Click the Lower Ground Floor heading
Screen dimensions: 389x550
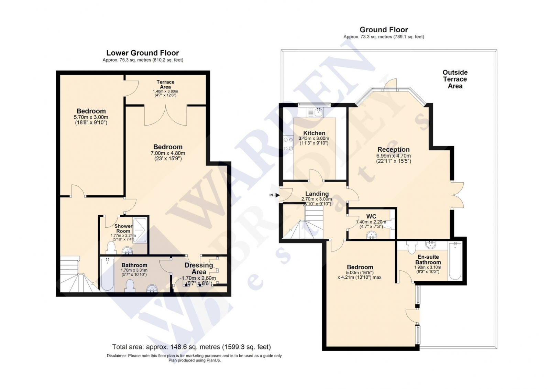click(x=142, y=53)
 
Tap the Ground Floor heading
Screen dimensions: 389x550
click(x=384, y=30)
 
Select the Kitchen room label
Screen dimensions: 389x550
click(x=314, y=133)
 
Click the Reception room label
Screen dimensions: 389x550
click(x=393, y=150)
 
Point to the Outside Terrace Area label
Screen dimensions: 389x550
click(x=455, y=79)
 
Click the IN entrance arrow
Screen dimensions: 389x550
click(x=277, y=195)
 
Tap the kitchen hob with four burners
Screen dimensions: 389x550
click(x=288, y=144)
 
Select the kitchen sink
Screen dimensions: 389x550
click(x=318, y=111)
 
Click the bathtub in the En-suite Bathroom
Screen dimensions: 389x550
click(x=455, y=261)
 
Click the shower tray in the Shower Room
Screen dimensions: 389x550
click(x=140, y=230)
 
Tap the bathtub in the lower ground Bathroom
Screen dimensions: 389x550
click(x=107, y=274)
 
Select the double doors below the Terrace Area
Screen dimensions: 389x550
click(x=166, y=116)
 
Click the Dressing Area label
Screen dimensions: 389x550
click(x=199, y=268)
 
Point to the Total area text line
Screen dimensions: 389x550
click(x=191, y=347)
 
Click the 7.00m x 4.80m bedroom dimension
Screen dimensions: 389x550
click(x=168, y=153)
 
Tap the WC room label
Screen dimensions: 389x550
click(x=371, y=216)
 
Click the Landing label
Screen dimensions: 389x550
click(x=317, y=194)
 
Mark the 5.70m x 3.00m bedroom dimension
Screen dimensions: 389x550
click(x=91, y=117)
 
